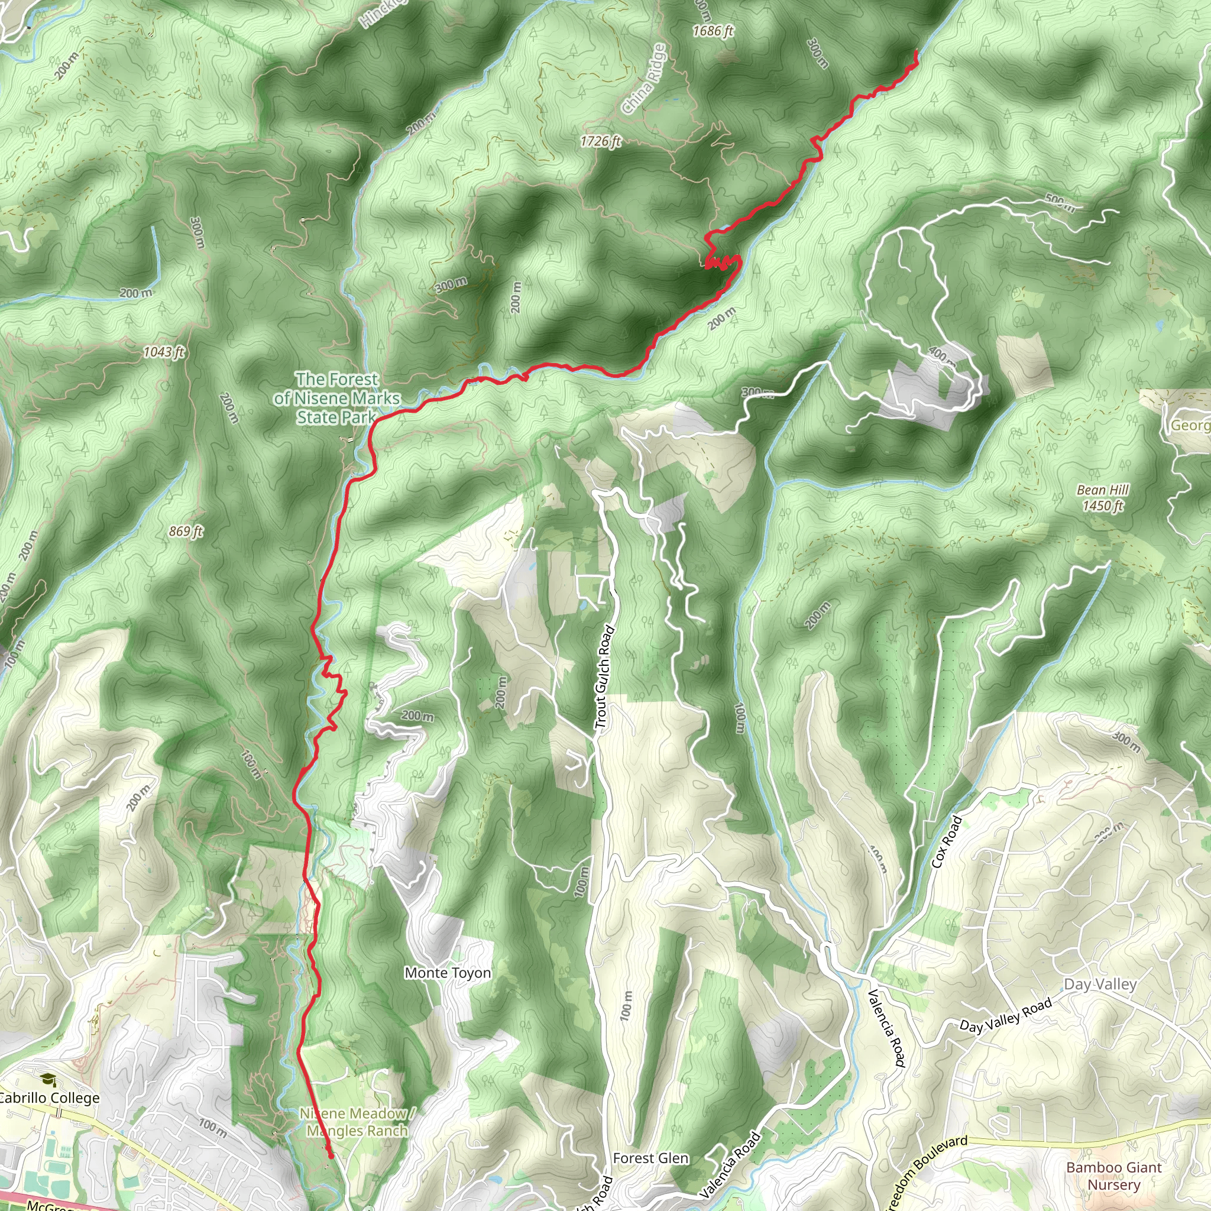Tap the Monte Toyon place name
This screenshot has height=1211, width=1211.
click(448, 973)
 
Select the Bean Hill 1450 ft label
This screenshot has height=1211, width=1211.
click(1103, 498)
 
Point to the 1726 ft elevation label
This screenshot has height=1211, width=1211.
click(600, 141)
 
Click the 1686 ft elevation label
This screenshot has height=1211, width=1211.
click(713, 31)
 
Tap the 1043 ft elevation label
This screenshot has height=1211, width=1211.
click(164, 352)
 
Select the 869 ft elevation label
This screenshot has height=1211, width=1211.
click(186, 531)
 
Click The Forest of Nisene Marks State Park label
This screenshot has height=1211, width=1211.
click(337, 398)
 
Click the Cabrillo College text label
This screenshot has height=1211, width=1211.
click(49, 1097)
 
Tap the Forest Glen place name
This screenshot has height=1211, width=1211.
click(650, 1158)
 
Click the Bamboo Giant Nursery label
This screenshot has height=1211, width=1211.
click(1114, 1176)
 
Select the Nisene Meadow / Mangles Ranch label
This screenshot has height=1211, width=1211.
click(357, 1122)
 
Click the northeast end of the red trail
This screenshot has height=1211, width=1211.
click(917, 51)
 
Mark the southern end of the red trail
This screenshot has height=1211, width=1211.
click(331, 1155)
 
